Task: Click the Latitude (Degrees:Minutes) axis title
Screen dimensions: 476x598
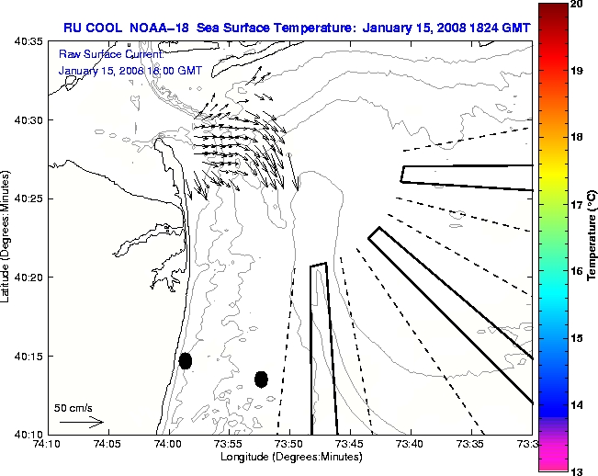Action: (x=8, y=238)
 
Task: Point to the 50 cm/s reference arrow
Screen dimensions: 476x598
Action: (x=81, y=422)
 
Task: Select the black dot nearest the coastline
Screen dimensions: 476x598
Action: (x=185, y=360)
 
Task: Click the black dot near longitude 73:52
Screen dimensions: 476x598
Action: (x=261, y=379)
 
